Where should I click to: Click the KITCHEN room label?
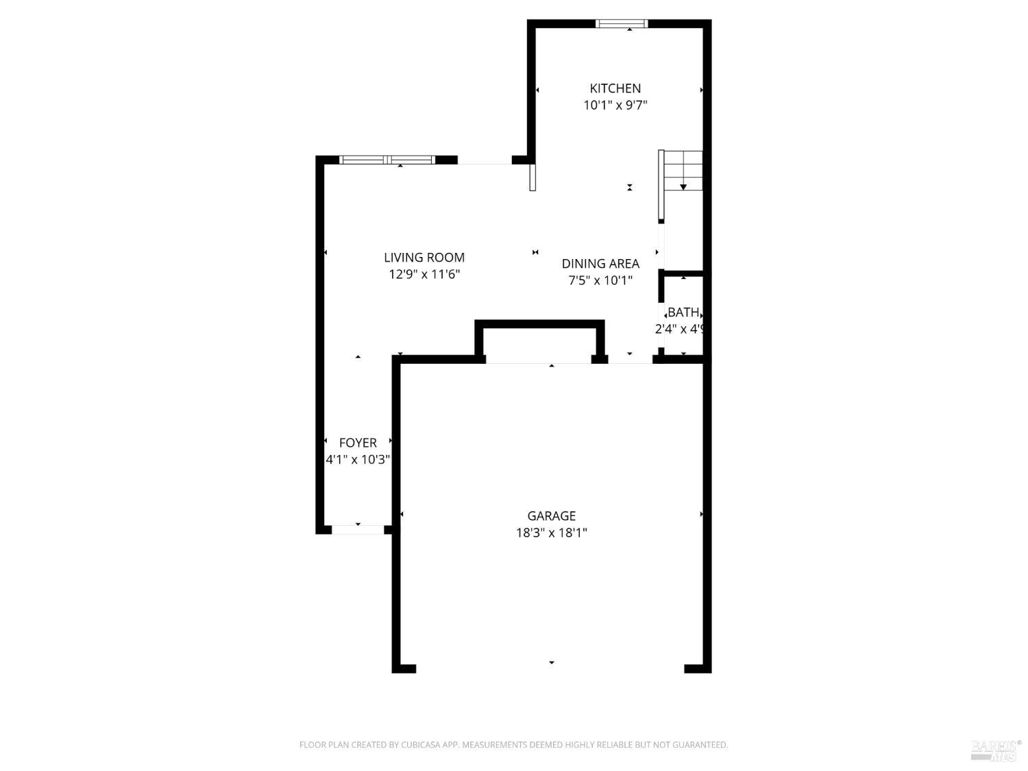[x=615, y=88]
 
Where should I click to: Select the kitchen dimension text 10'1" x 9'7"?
[x=615, y=106]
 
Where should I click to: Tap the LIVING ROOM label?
[x=424, y=258]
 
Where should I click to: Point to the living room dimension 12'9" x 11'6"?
[x=424, y=275]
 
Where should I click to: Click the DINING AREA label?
[x=600, y=264]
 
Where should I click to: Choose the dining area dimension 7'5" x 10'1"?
[x=600, y=280]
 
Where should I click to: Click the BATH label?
[x=683, y=313]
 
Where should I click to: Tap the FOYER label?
[x=358, y=443]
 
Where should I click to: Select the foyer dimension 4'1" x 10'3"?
[x=358, y=460]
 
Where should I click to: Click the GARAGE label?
[x=551, y=516]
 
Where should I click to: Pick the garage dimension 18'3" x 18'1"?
[x=551, y=533]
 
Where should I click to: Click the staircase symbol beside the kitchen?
[x=682, y=171]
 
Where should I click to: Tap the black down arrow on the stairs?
[x=683, y=186]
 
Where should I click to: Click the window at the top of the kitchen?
[x=622, y=24]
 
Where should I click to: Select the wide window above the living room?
[x=387, y=160]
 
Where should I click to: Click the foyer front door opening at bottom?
[x=358, y=530]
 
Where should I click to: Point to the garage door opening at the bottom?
[x=550, y=668]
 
